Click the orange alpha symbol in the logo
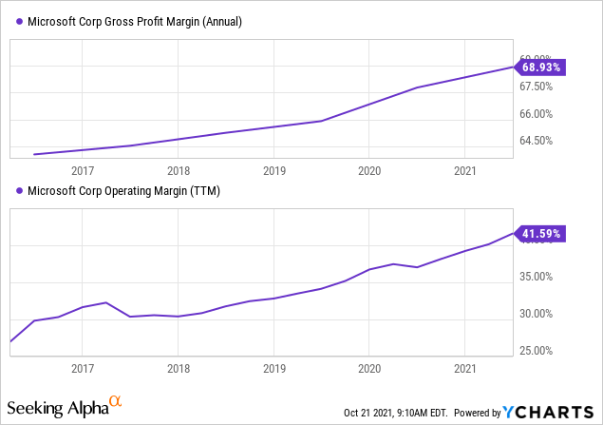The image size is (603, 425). click(x=115, y=403)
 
